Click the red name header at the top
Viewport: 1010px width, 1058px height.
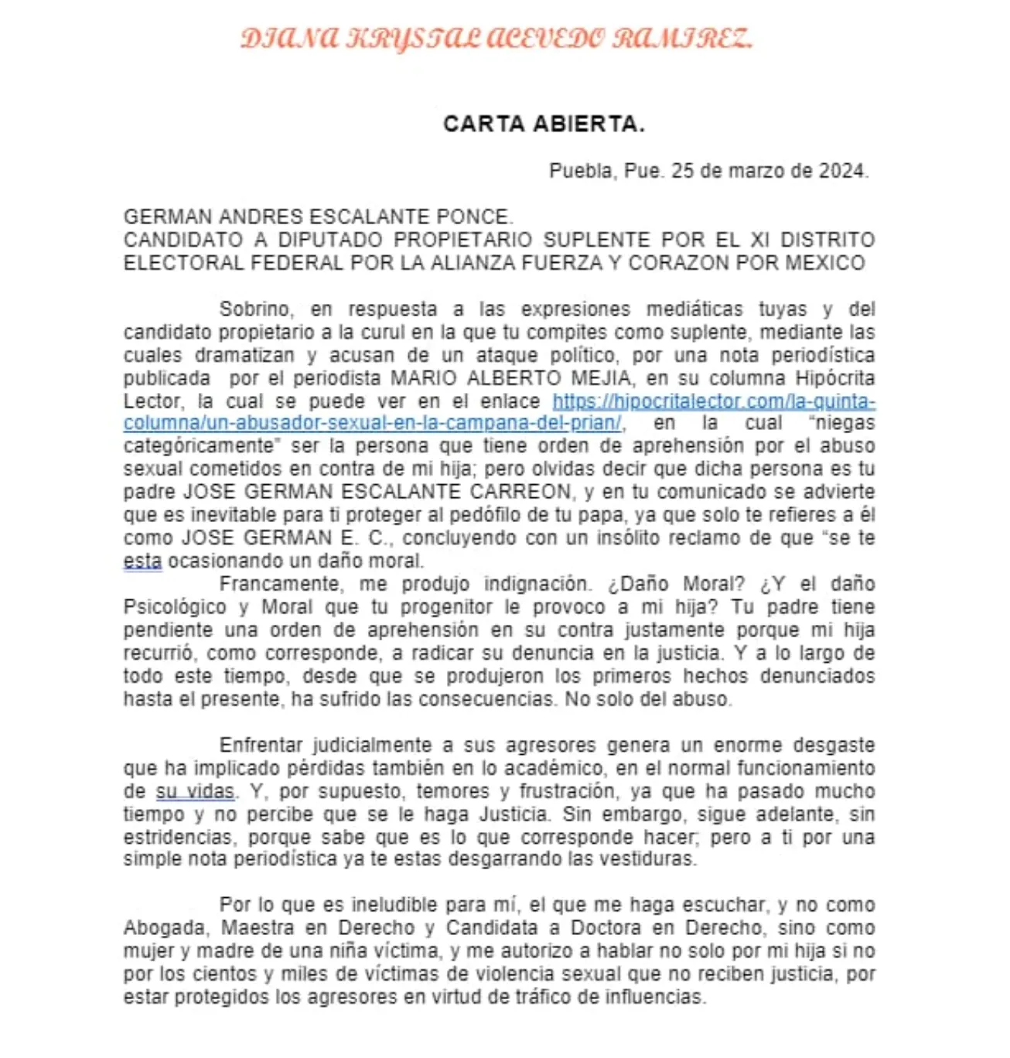click(496, 39)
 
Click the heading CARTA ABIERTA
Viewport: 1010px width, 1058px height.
click(544, 124)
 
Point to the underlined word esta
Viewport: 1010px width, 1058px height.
click(142, 561)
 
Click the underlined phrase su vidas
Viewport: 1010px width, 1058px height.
click(195, 792)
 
